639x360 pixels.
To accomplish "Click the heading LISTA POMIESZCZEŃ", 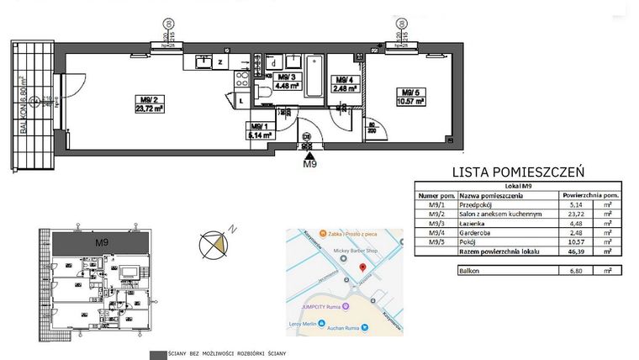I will point(518,171).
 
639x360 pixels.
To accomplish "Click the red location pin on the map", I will point(362,268).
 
